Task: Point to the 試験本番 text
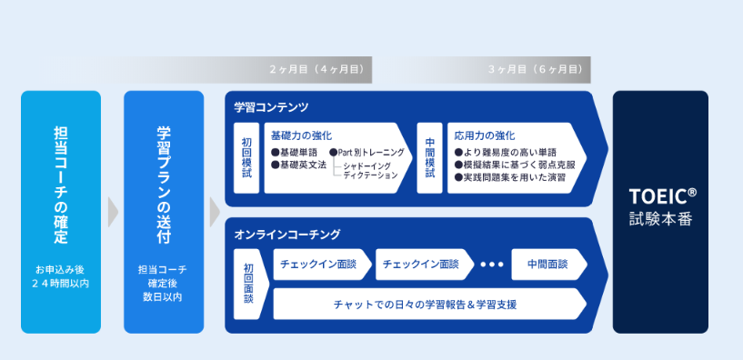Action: coord(660,218)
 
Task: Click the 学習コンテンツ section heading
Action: coord(271,107)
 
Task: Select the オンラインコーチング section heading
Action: coord(286,235)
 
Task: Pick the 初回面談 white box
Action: coord(248,283)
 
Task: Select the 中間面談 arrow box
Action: coord(546,264)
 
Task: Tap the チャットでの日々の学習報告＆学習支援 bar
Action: coord(427,304)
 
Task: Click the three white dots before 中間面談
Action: coord(491,265)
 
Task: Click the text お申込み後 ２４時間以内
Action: coord(61,276)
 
